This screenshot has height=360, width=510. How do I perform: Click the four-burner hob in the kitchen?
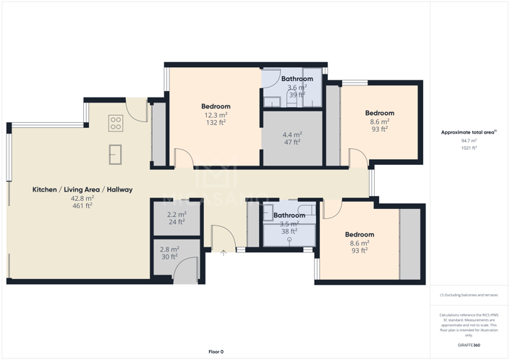click(116, 123)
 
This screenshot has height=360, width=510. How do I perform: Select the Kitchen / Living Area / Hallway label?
click(82, 189)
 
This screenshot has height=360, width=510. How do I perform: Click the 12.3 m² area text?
click(216, 115)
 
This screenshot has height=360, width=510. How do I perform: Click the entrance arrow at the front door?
click(224, 252)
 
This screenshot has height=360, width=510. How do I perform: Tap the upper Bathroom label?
click(297, 79)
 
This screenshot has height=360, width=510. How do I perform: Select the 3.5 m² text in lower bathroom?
click(289, 224)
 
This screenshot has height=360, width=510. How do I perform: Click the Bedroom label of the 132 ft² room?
click(216, 107)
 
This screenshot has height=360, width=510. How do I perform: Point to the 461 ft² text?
click(82, 206)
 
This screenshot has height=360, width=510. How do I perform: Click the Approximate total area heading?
click(468, 132)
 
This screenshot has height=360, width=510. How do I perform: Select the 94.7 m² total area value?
click(469, 141)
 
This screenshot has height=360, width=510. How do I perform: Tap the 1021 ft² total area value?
click(469, 148)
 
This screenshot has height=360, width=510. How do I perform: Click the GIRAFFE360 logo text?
click(469, 346)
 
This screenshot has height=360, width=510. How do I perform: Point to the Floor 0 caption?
click(216, 351)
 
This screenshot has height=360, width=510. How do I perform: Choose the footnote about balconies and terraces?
click(469, 295)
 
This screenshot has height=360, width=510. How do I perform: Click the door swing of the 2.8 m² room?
click(187, 271)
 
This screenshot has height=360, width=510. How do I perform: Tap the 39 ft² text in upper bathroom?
click(297, 95)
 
